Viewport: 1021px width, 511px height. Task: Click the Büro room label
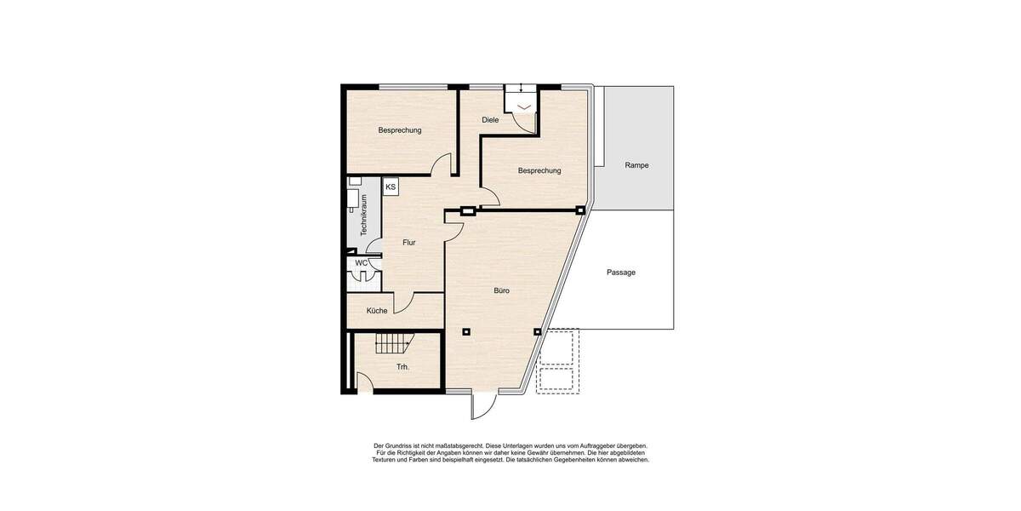502,290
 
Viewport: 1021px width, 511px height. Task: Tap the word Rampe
636,165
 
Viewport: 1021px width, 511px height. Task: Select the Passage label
621,273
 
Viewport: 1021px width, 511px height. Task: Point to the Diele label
490,120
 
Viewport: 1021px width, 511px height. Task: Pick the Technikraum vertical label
363,215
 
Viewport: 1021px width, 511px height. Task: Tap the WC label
361,263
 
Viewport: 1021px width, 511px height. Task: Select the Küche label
377,311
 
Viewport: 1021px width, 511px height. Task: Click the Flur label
409,243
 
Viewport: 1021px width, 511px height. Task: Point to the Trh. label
402,367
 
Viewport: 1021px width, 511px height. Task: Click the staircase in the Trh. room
393,344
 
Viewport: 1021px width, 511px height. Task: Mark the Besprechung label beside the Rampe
539,170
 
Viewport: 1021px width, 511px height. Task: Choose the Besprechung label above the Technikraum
400,130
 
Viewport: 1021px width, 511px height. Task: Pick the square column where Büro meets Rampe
580,210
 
